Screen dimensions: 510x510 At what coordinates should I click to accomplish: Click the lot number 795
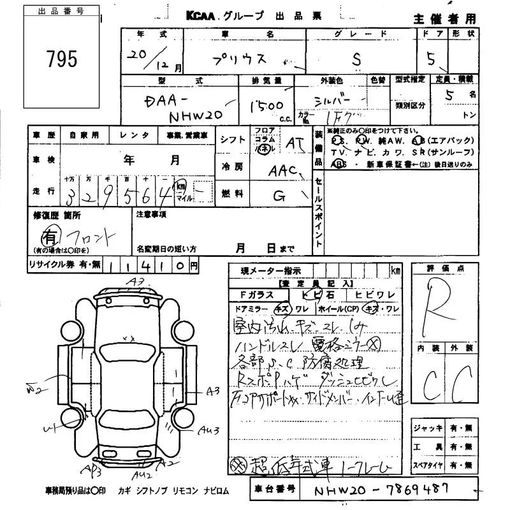(61, 59)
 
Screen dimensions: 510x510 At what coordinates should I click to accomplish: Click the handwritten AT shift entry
(294, 144)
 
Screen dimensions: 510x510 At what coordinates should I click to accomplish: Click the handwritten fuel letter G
(279, 196)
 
